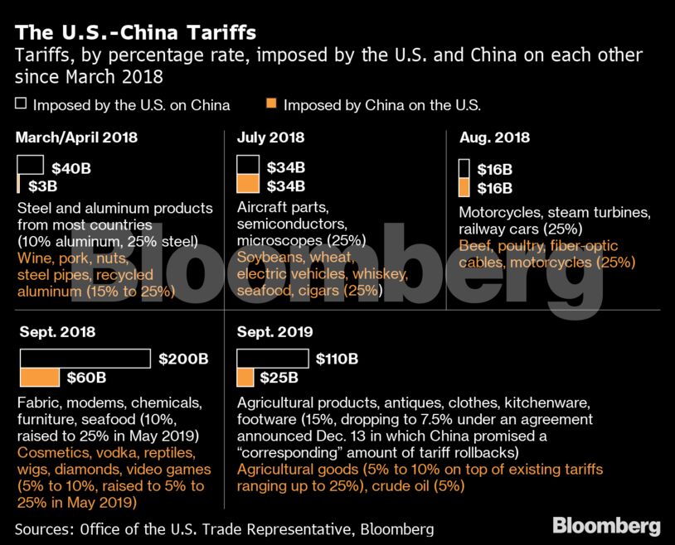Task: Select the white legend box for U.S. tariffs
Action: [x=21, y=105]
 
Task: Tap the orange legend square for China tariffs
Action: [x=271, y=105]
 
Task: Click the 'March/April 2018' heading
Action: [x=76, y=137]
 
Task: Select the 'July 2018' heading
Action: [x=270, y=137]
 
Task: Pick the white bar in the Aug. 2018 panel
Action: [x=464, y=168]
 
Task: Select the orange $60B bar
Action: [x=40, y=378]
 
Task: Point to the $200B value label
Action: [x=177, y=359]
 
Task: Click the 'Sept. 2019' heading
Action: [x=274, y=332]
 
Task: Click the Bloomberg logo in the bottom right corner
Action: [x=606, y=525]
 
